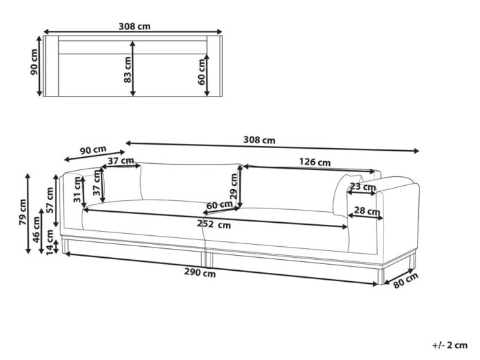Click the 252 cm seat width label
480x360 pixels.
point(214,224)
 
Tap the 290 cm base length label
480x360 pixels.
point(200,272)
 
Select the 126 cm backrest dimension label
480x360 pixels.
point(315,162)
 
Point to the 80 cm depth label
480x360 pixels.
point(405,280)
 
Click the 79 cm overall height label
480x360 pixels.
point(23,212)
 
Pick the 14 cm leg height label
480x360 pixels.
point(49,242)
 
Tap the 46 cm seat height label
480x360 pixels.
point(36,229)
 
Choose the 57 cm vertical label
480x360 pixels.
point(50,200)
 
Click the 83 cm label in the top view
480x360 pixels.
point(128,69)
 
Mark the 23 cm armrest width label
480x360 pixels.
point(363,187)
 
